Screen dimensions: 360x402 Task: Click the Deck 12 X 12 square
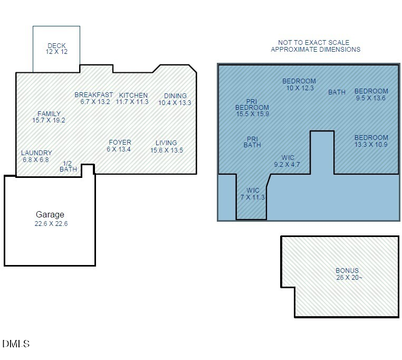click(56, 49)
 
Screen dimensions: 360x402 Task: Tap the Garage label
click(50, 215)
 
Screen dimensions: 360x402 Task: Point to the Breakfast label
click(93, 95)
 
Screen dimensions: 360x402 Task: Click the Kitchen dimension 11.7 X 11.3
click(132, 102)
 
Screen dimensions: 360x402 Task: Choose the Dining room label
click(175, 96)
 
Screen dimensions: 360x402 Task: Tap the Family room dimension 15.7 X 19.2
click(49, 120)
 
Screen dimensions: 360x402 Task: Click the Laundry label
click(36, 153)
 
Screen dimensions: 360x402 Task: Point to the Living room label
click(166, 143)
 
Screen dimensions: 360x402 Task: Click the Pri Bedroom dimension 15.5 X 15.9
click(252, 114)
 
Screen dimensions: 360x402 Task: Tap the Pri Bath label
click(252, 141)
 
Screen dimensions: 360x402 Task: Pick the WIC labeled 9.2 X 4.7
click(288, 161)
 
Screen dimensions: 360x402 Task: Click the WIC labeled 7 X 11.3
click(253, 194)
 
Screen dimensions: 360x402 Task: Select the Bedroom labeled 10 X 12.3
click(299, 84)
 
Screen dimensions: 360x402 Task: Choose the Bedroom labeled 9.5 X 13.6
click(371, 94)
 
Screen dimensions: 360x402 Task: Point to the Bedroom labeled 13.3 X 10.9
click(371, 141)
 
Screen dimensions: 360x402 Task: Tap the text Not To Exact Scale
click(314, 43)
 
